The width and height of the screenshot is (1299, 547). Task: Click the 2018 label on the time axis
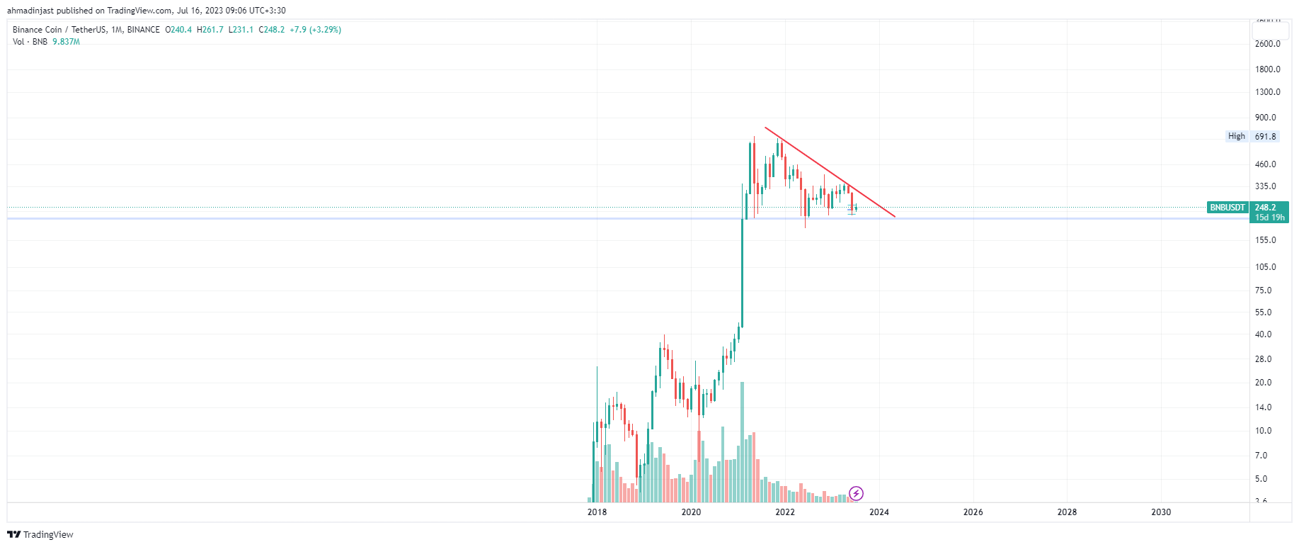click(597, 512)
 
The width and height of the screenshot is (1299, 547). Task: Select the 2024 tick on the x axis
click(879, 512)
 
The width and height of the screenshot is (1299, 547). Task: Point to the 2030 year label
click(1161, 512)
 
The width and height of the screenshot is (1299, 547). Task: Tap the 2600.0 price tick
click(1267, 44)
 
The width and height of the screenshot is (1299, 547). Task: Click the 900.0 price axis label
click(1266, 118)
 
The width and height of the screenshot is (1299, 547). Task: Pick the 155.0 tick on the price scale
click(1266, 240)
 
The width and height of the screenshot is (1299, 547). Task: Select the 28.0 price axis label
click(1264, 359)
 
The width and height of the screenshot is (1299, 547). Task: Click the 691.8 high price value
click(1266, 136)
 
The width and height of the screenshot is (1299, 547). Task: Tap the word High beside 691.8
click(1237, 136)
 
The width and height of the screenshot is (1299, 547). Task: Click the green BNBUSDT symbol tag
click(1228, 208)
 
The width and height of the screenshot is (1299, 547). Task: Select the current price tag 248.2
click(1266, 208)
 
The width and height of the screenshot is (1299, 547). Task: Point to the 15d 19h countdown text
click(1270, 218)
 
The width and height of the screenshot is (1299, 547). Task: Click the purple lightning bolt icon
click(856, 493)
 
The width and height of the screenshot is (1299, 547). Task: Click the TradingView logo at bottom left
click(40, 534)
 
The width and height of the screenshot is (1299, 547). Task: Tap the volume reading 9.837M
click(66, 42)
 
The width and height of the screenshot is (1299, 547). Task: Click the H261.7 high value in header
click(210, 30)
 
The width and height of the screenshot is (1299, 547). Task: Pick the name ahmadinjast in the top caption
click(30, 11)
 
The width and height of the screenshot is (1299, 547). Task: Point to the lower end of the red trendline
click(895, 216)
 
